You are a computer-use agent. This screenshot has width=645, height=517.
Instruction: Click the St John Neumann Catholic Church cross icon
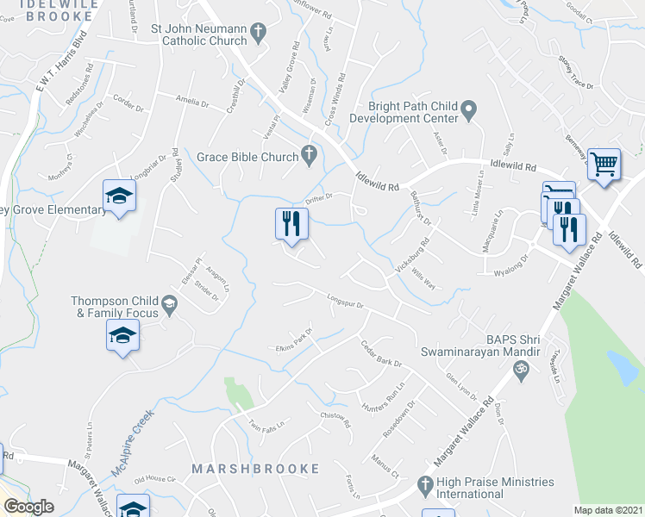[257, 34]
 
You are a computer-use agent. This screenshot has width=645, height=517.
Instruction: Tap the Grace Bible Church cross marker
[309, 156]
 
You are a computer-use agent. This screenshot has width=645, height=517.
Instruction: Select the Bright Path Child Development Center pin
[468, 109]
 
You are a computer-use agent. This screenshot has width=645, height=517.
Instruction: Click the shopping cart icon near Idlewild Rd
[604, 164]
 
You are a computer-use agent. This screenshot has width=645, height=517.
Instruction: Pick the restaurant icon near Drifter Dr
[291, 224]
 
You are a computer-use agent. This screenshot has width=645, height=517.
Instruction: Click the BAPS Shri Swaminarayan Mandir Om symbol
[519, 371]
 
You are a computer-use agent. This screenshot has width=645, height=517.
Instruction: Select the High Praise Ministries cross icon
[423, 487]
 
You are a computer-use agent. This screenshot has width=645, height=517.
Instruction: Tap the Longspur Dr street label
[348, 302]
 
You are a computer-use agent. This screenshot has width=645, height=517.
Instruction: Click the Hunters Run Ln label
[383, 397]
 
